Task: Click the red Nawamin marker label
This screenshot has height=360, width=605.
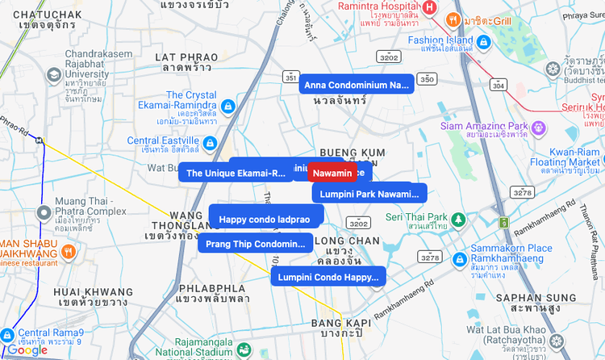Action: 332,174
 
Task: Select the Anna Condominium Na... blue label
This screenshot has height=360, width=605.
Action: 356,85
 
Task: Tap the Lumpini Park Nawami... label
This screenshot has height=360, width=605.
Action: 369,194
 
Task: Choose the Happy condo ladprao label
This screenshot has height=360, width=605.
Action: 265,219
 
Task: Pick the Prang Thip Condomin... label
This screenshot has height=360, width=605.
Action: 256,243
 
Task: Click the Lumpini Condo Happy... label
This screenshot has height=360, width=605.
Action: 328,277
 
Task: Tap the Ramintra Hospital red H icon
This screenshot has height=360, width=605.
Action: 429,7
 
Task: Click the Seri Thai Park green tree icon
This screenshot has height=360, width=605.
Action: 458,218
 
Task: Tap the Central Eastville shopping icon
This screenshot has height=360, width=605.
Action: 210,144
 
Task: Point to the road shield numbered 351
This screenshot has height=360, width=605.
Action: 290,77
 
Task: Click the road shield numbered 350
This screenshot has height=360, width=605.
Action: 427,79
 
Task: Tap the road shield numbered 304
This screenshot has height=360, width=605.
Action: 499,84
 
